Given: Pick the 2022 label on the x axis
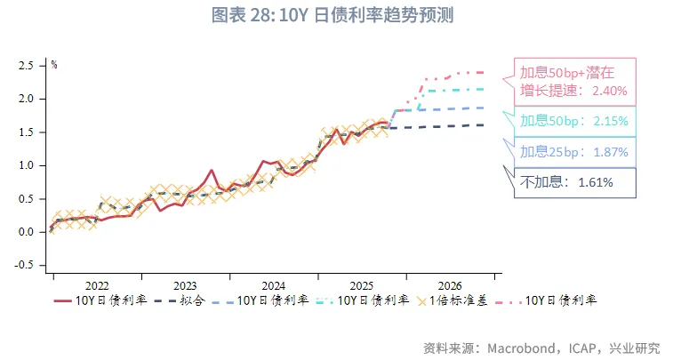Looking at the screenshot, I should tap(97, 285).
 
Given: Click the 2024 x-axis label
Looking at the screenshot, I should tap(273, 285).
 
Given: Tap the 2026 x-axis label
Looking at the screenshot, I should tap(449, 285).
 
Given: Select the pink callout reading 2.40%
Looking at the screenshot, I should tap(573, 81).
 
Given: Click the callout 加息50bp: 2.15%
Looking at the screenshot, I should tap(573, 121).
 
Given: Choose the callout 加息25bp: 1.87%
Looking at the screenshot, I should tap(573, 152).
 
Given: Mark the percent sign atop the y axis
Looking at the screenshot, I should tap(53, 65).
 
